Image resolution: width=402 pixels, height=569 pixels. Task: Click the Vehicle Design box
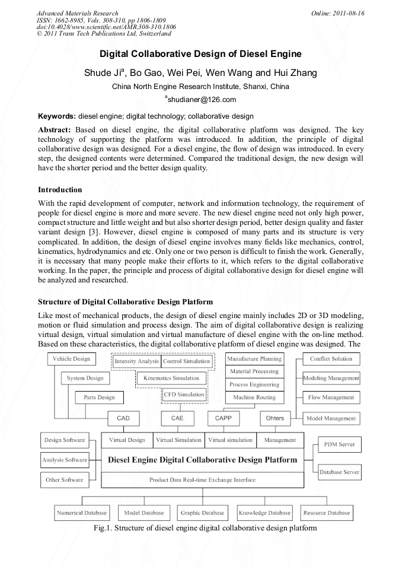[x=71, y=359]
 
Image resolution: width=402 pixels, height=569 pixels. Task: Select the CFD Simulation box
[x=184, y=395]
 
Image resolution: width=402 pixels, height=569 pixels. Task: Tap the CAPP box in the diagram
[x=224, y=418]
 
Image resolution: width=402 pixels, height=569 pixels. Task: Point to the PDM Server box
[x=339, y=444]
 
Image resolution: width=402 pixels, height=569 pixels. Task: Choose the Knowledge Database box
[x=264, y=513]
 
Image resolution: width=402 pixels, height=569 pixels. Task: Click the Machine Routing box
[x=254, y=398]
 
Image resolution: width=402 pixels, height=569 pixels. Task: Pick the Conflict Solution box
[x=331, y=359]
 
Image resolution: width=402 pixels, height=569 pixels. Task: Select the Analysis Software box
[x=64, y=460]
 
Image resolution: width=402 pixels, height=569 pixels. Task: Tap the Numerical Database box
[x=82, y=513]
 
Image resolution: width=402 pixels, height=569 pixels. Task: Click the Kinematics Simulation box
[x=171, y=378]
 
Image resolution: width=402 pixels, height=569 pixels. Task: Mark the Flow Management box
[x=331, y=398]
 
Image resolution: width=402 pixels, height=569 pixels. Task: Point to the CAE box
[x=177, y=418]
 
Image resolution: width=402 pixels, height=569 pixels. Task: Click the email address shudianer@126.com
[x=202, y=100]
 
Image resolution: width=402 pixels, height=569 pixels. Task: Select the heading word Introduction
[x=60, y=190]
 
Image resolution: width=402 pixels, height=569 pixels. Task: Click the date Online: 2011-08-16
[x=337, y=13]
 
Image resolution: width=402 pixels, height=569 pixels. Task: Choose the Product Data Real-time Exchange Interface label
[x=202, y=479]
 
